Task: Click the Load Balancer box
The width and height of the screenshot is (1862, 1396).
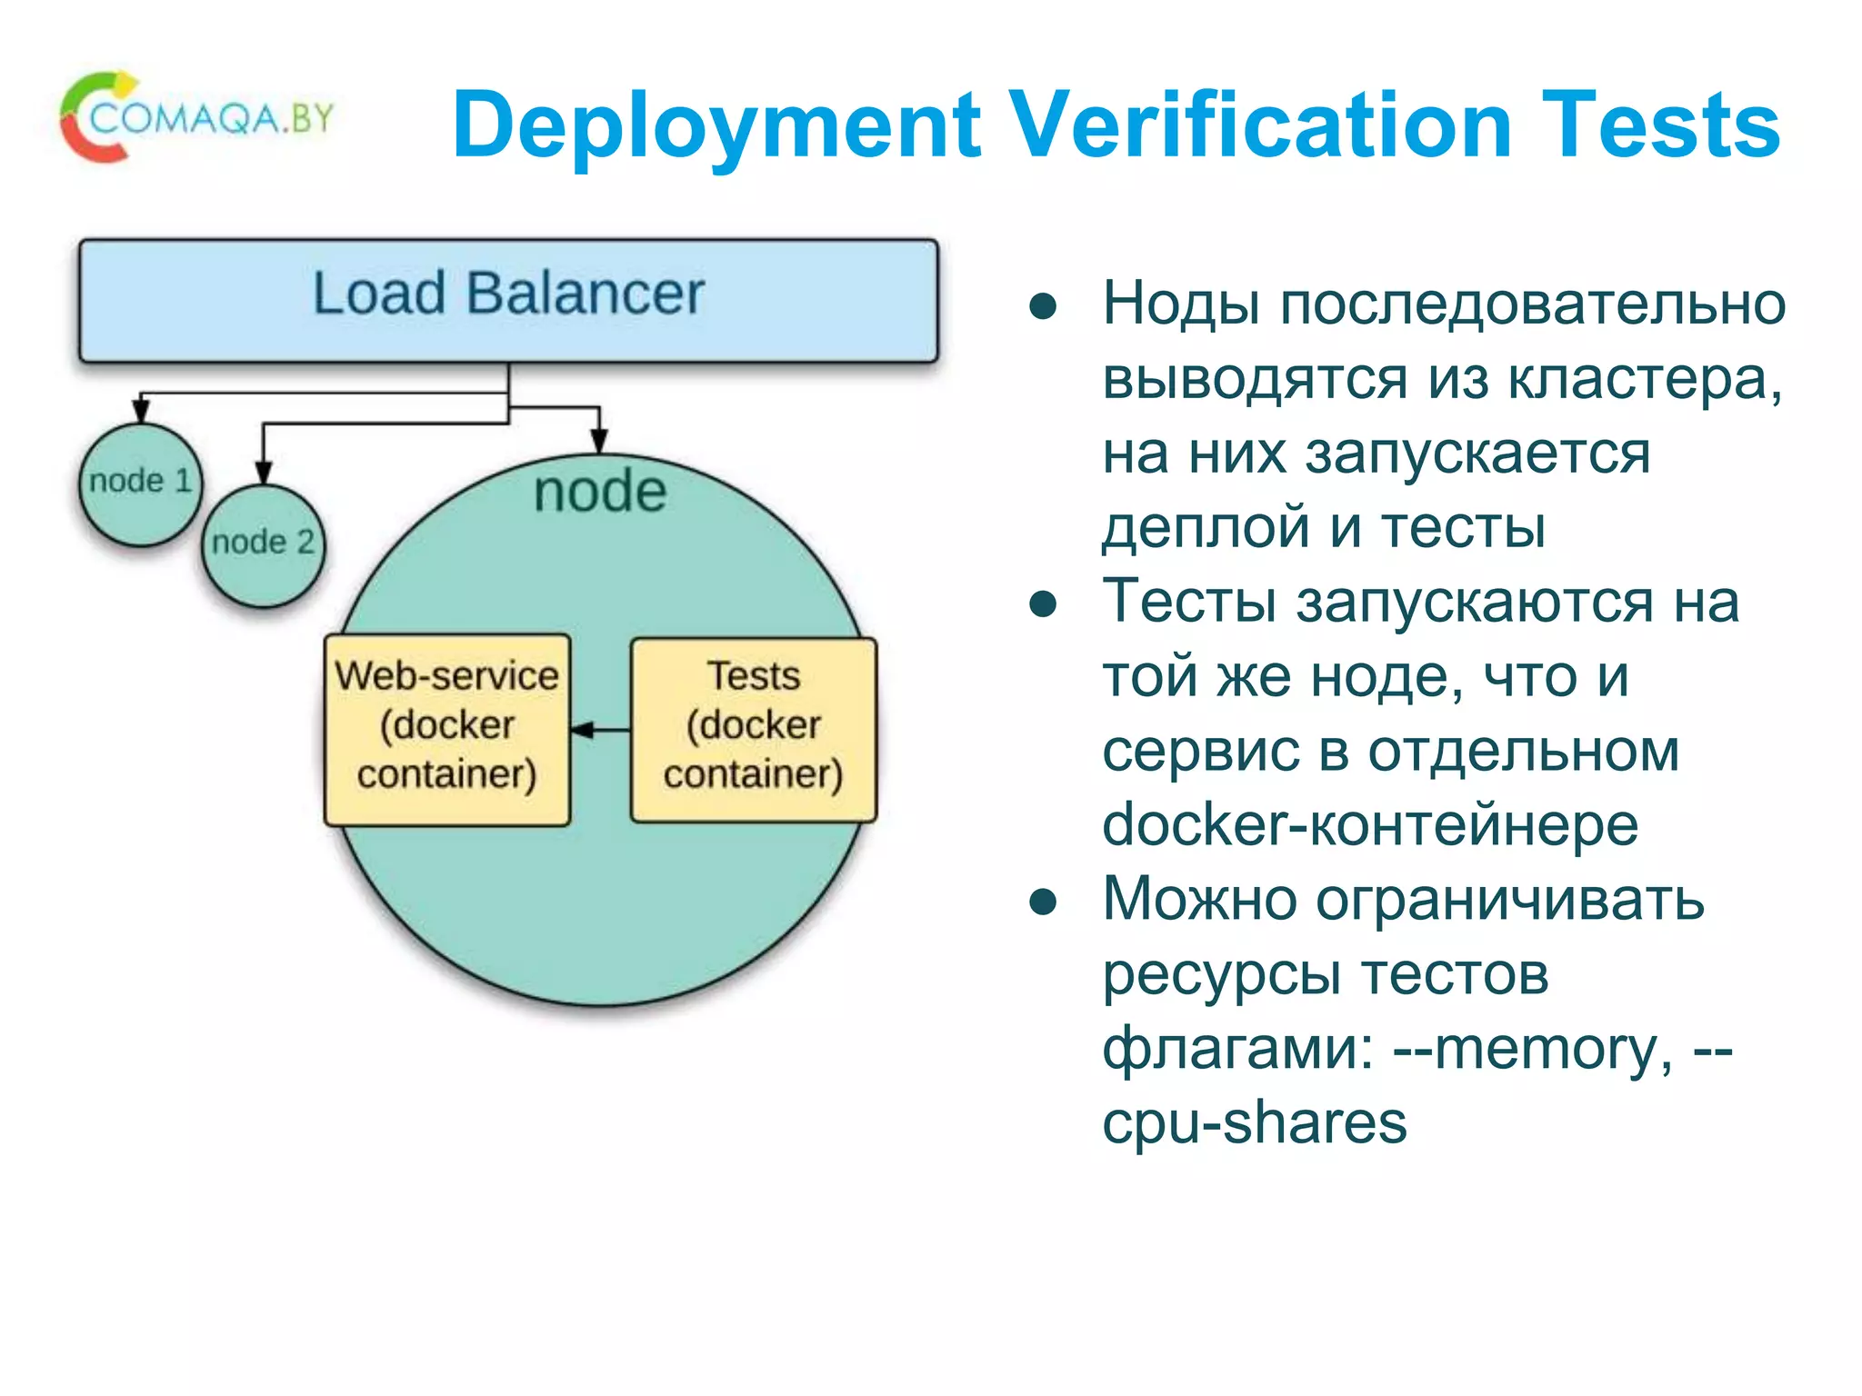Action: [508, 301]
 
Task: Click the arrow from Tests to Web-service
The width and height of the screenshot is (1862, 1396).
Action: [601, 729]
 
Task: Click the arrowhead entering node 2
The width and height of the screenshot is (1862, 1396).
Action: [263, 473]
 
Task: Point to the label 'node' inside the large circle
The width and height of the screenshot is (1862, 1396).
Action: [600, 492]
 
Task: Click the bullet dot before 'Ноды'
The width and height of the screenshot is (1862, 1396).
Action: [1043, 307]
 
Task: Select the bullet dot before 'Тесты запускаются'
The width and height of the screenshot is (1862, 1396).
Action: [1043, 604]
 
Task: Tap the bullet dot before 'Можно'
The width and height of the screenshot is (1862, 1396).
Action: [1043, 902]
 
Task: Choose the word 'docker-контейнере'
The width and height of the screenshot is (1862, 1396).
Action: [1369, 825]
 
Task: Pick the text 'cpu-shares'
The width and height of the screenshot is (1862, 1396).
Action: [1254, 1123]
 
